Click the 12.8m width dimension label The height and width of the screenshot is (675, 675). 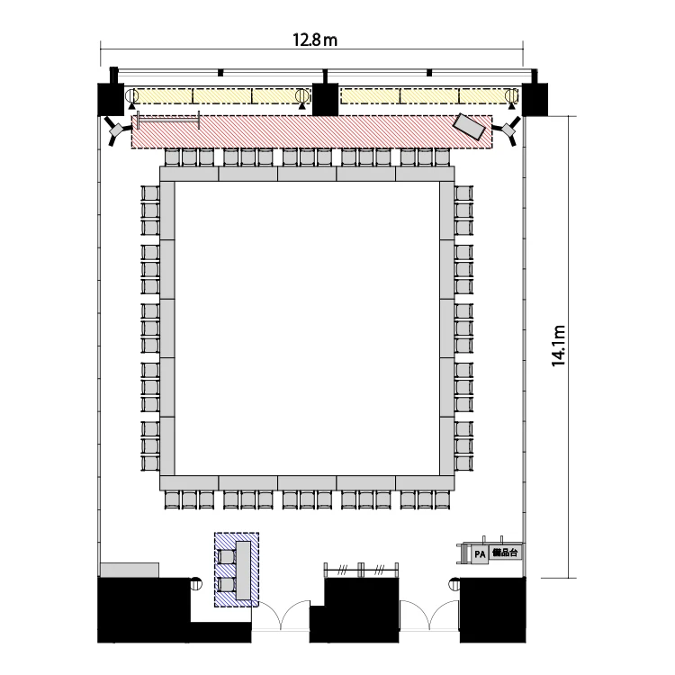coord(315,40)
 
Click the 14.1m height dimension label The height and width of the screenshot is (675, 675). coord(558,346)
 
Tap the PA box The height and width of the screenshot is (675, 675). coord(480,554)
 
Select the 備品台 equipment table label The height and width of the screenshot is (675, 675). coord(506,553)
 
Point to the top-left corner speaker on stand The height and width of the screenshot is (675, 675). coord(115,129)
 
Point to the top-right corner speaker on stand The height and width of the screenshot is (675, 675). coord(508,129)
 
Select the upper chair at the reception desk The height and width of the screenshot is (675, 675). coord(225,556)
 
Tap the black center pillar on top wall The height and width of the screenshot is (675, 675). coord(325,99)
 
